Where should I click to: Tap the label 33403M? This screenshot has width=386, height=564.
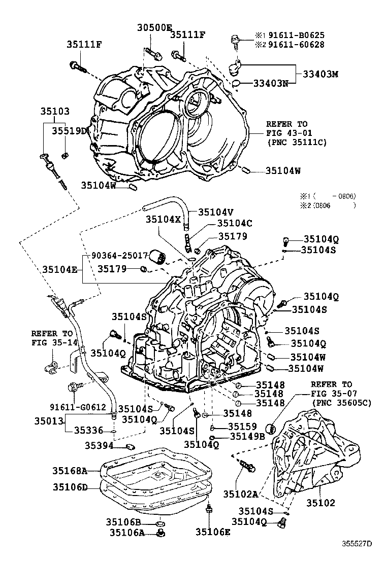tap(320, 74)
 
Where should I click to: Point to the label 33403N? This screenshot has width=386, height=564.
tap(271, 83)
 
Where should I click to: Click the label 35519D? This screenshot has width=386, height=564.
tap(70, 131)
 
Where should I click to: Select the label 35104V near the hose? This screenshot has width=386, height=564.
tap(216, 212)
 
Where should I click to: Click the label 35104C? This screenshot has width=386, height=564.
tap(235, 223)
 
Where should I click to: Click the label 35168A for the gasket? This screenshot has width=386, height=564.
tap(70, 471)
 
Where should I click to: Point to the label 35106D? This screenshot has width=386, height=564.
tap(70, 487)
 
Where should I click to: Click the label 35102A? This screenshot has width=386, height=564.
tap(241, 492)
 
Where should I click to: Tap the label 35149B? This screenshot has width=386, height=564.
tap(247, 436)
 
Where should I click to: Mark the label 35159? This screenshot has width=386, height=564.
tap(242, 426)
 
